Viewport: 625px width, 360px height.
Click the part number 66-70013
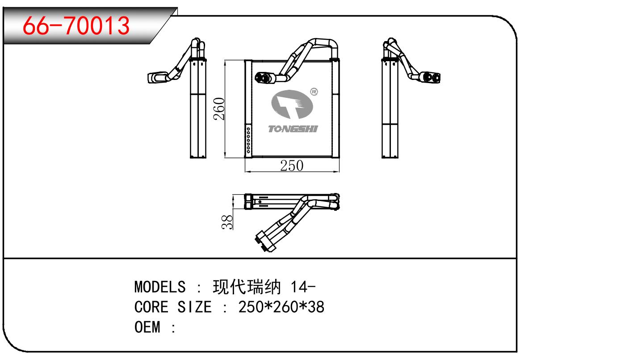pyautogui.click(x=76, y=25)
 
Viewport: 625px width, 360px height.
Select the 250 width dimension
pyautogui.click(x=292, y=166)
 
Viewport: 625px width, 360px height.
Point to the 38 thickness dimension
pyautogui.click(x=228, y=221)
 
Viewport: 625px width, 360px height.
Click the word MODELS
pyautogui.click(x=160, y=286)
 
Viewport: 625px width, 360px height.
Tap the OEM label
pyautogui.click(x=147, y=327)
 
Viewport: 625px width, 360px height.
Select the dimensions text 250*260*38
pyautogui.click(x=281, y=307)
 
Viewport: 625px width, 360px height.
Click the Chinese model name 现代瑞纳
pyautogui.click(x=247, y=286)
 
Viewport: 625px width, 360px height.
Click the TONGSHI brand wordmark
pyautogui.click(x=293, y=129)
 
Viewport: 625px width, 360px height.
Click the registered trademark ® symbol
pyautogui.click(x=314, y=92)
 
